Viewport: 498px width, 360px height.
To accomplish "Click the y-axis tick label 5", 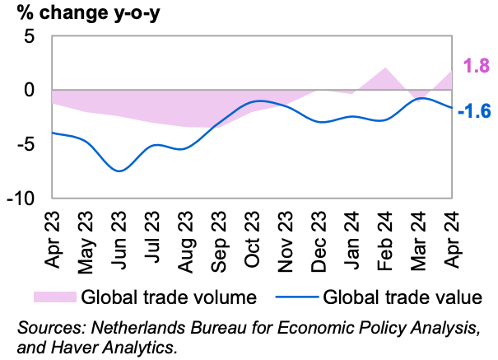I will (x=30, y=36).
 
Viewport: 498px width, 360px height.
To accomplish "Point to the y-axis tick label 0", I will (x=30, y=90).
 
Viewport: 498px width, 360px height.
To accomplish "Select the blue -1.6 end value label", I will (x=475, y=110).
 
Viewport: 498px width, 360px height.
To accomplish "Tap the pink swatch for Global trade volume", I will (x=54, y=296).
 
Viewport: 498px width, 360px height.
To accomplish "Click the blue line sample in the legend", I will (x=295, y=296).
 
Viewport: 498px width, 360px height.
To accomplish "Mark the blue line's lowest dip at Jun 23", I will (x=119, y=171).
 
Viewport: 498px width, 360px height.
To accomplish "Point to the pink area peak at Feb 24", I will (x=385, y=68).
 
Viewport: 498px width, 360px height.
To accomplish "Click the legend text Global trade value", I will (x=402, y=296).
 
